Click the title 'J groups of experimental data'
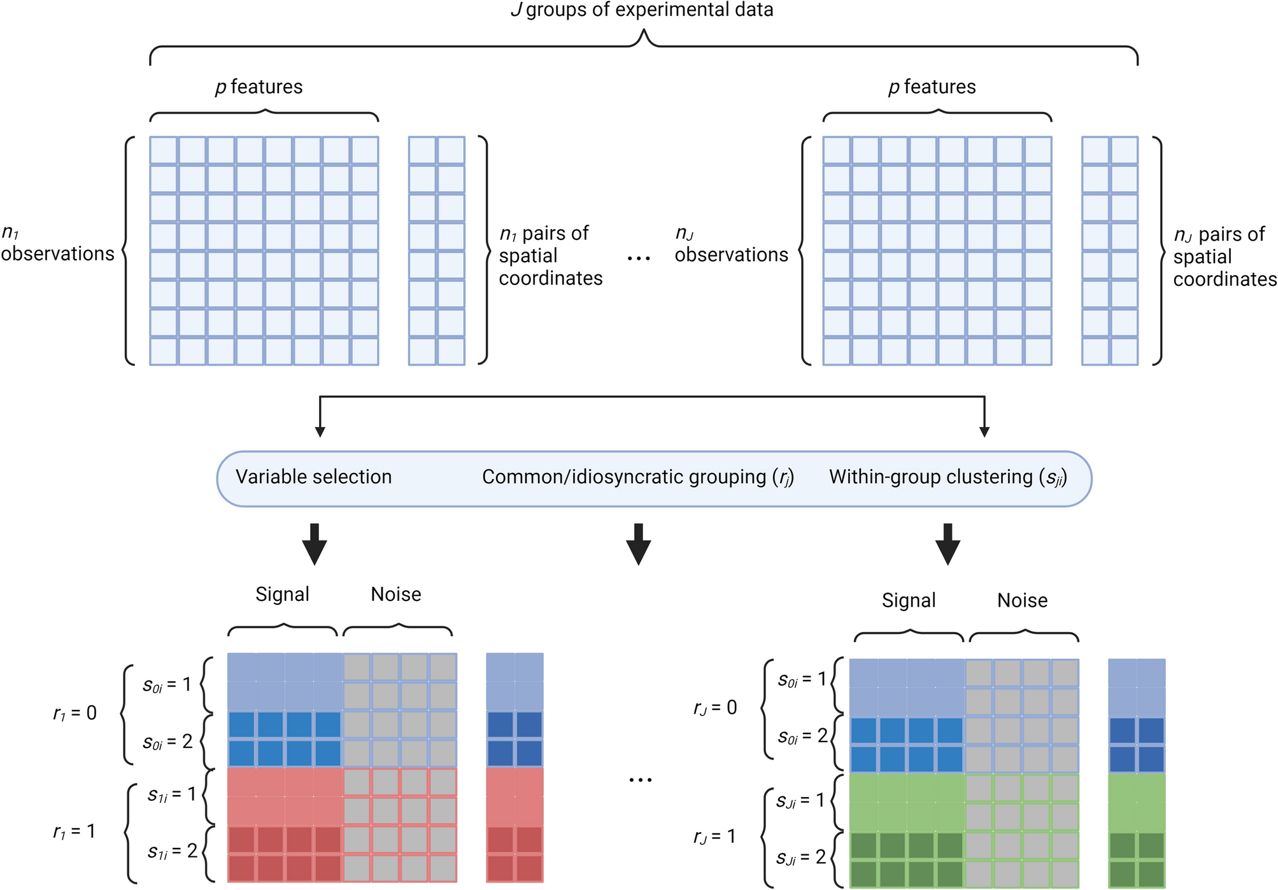click(642, 10)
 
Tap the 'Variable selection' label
click(313, 477)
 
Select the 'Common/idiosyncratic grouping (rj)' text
click(637, 477)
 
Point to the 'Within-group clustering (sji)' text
click(948, 477)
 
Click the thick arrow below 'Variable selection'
click(315, 544)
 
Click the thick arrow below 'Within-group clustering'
click(948, 544)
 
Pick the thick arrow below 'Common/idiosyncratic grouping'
click(638, 544)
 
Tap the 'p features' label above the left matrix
click(259, 87)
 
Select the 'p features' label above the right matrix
click(932, 87)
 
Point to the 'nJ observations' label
click(731, 245)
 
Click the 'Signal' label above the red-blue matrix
click(282, 594)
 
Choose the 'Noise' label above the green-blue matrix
click(1022, 600)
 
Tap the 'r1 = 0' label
click(75, 713)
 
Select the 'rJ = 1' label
click(714, 836)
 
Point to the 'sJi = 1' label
click(800, 800)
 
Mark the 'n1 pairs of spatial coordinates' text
click(550, 255)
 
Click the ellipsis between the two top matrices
click(639, 258)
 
